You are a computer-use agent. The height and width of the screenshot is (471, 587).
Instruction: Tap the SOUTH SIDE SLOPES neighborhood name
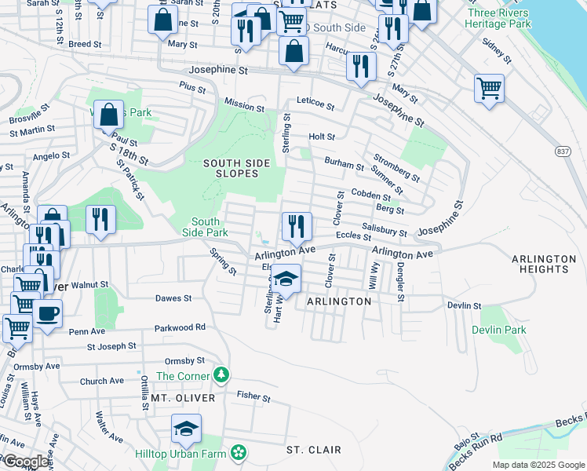point(236,168)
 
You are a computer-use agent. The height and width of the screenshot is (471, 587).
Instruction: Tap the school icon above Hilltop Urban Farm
point(187,429)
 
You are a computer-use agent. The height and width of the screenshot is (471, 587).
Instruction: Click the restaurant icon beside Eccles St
point(297,226)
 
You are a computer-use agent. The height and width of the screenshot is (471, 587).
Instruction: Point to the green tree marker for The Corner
point(223,374)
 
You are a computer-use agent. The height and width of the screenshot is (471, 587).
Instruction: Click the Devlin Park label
point(499,330)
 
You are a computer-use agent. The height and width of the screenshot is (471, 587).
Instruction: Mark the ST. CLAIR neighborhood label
point(313,450)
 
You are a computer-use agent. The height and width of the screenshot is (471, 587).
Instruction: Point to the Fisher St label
point(253,397)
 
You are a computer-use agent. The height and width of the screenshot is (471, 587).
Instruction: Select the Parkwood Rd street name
point(180,327)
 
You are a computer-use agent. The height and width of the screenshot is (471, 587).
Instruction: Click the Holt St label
point(322,137)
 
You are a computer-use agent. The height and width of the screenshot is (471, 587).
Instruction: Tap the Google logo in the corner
point(26,462)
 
